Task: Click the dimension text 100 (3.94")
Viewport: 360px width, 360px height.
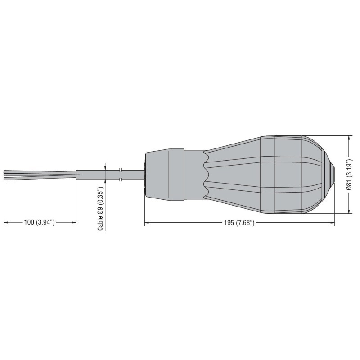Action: [40, 223]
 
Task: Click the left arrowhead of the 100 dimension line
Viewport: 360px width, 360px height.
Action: [5, 222]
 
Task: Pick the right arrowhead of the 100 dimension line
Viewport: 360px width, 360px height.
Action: [74, 222]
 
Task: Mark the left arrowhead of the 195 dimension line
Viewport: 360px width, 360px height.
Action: [146, 222]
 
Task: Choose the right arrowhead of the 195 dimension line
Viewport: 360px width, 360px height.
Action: [333, 222]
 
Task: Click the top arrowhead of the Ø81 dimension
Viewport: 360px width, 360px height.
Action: [350, 138]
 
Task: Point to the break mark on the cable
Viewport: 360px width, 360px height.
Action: [121, 175]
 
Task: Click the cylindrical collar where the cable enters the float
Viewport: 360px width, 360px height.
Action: [165, 174]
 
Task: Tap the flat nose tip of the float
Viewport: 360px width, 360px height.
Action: [334, 174]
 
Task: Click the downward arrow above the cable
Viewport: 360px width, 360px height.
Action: [105, 167]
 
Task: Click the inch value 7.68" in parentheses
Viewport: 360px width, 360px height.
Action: [245, 223]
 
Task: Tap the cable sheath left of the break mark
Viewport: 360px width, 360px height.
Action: [97, 175]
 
